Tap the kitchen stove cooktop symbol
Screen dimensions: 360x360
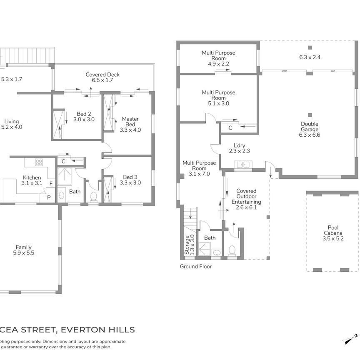pos(39,162)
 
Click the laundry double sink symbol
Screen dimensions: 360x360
pos(243,165)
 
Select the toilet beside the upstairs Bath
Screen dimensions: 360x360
pos(93,197)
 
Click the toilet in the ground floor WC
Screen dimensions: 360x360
pos(232,250)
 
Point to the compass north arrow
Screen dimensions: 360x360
pos(350,339)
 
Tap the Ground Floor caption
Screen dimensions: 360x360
pos(195,267)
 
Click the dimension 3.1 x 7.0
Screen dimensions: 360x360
pos(199,174)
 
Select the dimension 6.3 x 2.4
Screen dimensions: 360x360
pos(310,57)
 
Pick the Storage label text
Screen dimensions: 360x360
pos(187,245)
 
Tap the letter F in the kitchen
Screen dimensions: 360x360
pos(51,183)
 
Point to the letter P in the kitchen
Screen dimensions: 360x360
pos(49,197)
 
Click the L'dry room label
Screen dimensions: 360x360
pos(239,145)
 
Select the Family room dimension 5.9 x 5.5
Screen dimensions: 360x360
pos(24,253)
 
